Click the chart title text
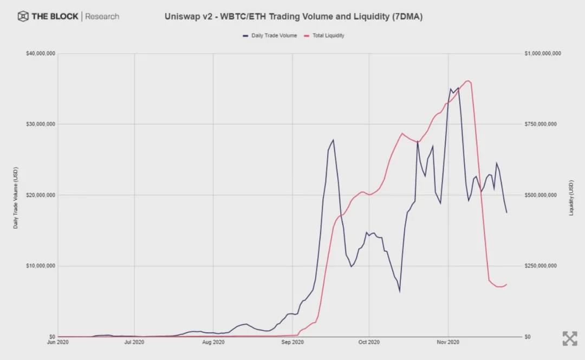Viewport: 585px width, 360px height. pos(293,17)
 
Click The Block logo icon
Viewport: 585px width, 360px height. pos(23,16)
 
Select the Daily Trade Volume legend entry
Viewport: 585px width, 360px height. pos(270,36)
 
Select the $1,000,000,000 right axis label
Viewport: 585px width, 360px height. pos(542,54)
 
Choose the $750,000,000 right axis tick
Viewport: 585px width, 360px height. pos(540,125)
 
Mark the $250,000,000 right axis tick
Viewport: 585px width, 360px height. pos(540,266)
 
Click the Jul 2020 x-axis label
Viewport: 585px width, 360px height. pos(134,342)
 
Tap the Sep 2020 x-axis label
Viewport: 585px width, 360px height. pos(292,342)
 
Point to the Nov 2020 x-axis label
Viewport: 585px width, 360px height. pos(448,342)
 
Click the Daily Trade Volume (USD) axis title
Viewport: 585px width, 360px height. pos(16,195)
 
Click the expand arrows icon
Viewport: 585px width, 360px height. pos(569,338)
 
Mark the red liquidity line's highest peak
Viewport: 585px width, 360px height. pos(468,81)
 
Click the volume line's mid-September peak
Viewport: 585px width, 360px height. pos(333,140)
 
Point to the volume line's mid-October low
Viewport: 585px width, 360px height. pos(400,292)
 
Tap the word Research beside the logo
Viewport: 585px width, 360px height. pos(102,16)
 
